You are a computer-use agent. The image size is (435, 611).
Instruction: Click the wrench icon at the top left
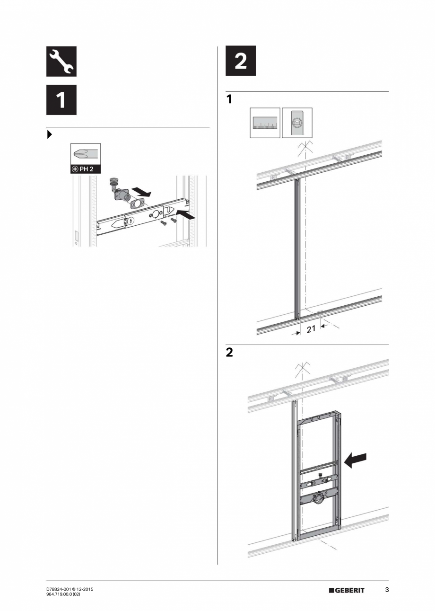pos(61,62)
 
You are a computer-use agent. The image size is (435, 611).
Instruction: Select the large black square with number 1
pos(61,100)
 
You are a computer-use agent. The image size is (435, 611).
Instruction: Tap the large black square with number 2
pos(241,61)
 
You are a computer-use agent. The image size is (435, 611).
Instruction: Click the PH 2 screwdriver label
pos(86,169)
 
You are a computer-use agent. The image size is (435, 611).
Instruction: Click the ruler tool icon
pos(265,123)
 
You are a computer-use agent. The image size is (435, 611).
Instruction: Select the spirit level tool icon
pos(297,123)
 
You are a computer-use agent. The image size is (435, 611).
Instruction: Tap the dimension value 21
pos(311,329)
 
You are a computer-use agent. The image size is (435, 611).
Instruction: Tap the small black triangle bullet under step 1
pos(50,134)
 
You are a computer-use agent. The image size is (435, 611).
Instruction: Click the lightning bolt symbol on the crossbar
pos(131,221)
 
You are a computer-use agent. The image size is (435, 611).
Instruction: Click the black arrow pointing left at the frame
pos(356,460)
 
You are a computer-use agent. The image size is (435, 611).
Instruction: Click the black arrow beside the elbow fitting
pos(141,192)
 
